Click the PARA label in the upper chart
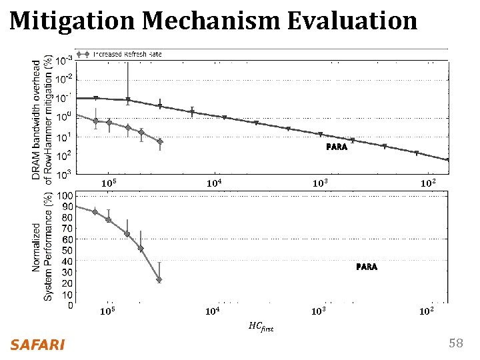336,147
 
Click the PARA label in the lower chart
366,267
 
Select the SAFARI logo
37,345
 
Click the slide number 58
455,343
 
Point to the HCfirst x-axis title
261,327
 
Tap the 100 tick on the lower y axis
66,196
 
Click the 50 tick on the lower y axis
67,251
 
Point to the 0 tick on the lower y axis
70,306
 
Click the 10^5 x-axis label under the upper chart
109,183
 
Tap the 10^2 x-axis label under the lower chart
427,311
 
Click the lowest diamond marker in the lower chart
159,280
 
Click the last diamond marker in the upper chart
160,142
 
